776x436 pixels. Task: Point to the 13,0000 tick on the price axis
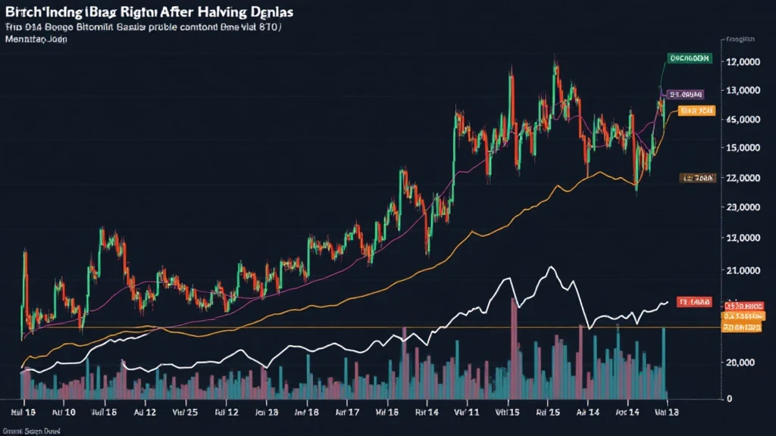click(x=743, y=91)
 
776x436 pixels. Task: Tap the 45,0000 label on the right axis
click(x=743, y=120)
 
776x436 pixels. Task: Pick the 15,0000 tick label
click(x=743, y=148)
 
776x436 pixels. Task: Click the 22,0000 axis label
click(x=743, y=178)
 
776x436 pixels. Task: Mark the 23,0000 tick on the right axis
click(x=743, y=207)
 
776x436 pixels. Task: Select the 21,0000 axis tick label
click(x=743, y=270)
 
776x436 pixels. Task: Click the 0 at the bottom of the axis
click(x=729, y=398)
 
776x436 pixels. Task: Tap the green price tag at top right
click(x=689, y=58)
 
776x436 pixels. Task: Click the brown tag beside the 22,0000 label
click(x=697, y=179)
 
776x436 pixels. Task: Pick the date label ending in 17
click(x=345, y=414)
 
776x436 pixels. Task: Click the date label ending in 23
click(x=266, y=414)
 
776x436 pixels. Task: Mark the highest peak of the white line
click(x=551, y=267)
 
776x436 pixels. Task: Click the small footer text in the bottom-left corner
click(x=33, y=430)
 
